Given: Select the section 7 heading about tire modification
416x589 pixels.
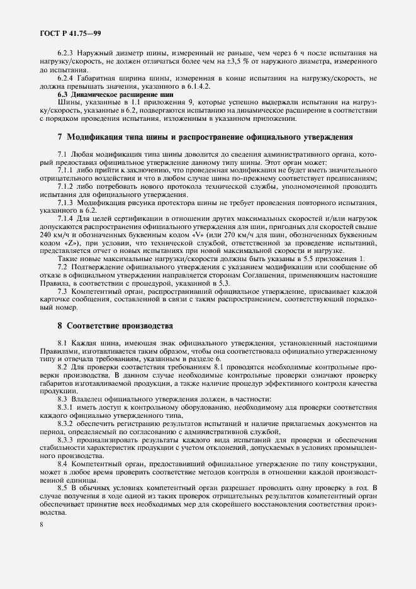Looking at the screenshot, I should [205, 137].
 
